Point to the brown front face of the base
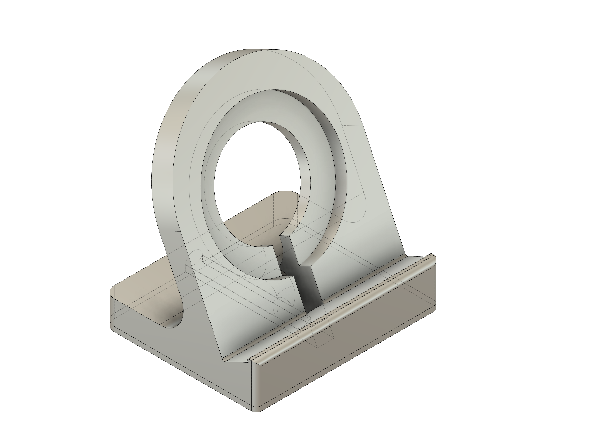coord(347,355)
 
